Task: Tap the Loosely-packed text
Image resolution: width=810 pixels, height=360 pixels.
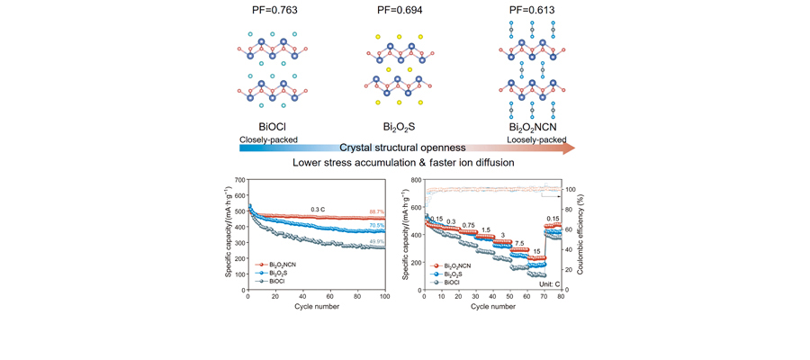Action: (536, 141)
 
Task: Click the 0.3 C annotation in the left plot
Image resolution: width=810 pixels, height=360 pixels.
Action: (319, 210)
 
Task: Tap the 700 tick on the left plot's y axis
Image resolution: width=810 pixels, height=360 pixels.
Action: (240, 180)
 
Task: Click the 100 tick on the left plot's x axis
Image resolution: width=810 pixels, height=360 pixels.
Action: (385, 297)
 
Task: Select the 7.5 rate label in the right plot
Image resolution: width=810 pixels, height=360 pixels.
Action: (521, 243)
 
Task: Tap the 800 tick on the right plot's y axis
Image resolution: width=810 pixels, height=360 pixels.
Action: (416, 180)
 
